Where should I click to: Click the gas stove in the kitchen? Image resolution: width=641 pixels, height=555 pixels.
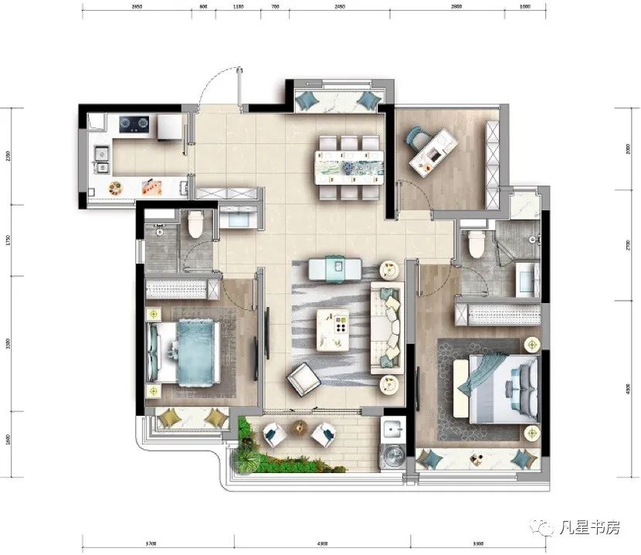[x=134, y=122]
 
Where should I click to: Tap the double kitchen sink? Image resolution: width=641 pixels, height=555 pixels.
[x=100, y=158]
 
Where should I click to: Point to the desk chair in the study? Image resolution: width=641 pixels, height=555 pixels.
[x=419, y=140]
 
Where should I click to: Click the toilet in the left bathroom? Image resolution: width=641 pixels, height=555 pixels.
[x=195, y=224]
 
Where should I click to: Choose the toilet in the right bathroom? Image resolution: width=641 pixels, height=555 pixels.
[x=476, y=243]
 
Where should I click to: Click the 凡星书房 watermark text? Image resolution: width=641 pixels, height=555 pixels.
[x=590, y=528]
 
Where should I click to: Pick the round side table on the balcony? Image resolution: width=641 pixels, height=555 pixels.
[x=299, y=427]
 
